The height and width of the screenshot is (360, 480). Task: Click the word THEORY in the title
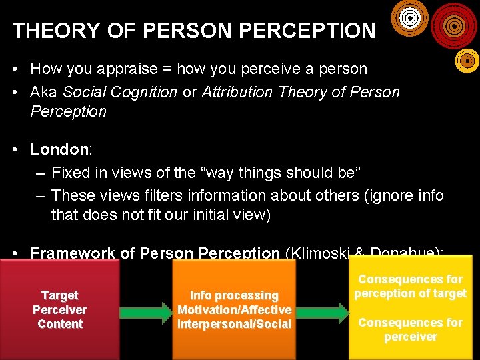(47, 31)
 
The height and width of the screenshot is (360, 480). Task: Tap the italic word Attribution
(238, 92)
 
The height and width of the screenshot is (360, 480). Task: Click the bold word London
(59, 149)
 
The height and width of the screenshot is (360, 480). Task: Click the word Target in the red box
(60, 295)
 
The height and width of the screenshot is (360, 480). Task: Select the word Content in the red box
(60, 324)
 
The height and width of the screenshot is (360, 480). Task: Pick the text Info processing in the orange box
(234, 295)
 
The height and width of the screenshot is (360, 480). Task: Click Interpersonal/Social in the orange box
(234, 324)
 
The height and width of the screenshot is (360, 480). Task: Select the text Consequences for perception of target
(410, 286)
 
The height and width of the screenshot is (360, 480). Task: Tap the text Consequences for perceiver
(410, 329)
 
